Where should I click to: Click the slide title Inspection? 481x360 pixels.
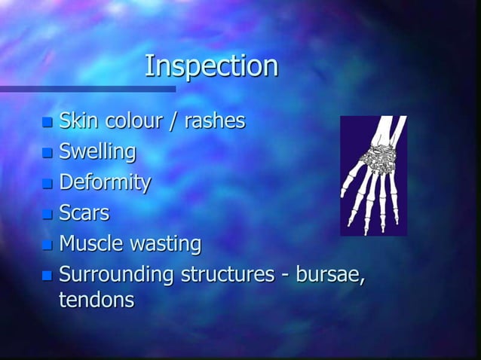point(211,66)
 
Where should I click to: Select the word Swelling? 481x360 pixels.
point(97,151)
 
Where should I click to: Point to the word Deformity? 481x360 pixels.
point(105,183)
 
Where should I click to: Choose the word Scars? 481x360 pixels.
point(84,213)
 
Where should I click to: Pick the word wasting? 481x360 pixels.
point(166,245)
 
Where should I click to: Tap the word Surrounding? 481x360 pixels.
point(116,275)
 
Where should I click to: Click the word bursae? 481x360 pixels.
point(329,275)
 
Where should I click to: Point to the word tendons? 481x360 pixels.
point(97,300)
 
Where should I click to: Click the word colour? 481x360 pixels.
point(136,120)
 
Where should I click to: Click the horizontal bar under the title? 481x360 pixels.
point(87,90)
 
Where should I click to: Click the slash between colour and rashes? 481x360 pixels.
point(178,121)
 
